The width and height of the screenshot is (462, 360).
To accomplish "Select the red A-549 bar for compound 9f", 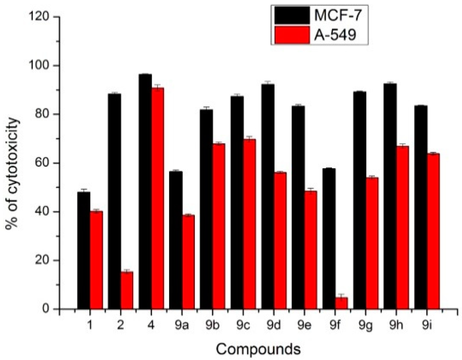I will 341,303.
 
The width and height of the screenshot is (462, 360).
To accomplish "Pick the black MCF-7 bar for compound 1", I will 84,250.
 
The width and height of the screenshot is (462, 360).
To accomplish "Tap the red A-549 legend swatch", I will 292,35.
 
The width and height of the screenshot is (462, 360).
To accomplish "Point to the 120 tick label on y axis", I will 40,17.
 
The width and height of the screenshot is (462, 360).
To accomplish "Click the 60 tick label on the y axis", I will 43,163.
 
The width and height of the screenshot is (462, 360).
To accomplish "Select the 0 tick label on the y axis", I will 47,309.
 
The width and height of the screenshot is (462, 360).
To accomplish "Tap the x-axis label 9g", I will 365,326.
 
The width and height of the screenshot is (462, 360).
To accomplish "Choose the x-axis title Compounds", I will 258,349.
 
